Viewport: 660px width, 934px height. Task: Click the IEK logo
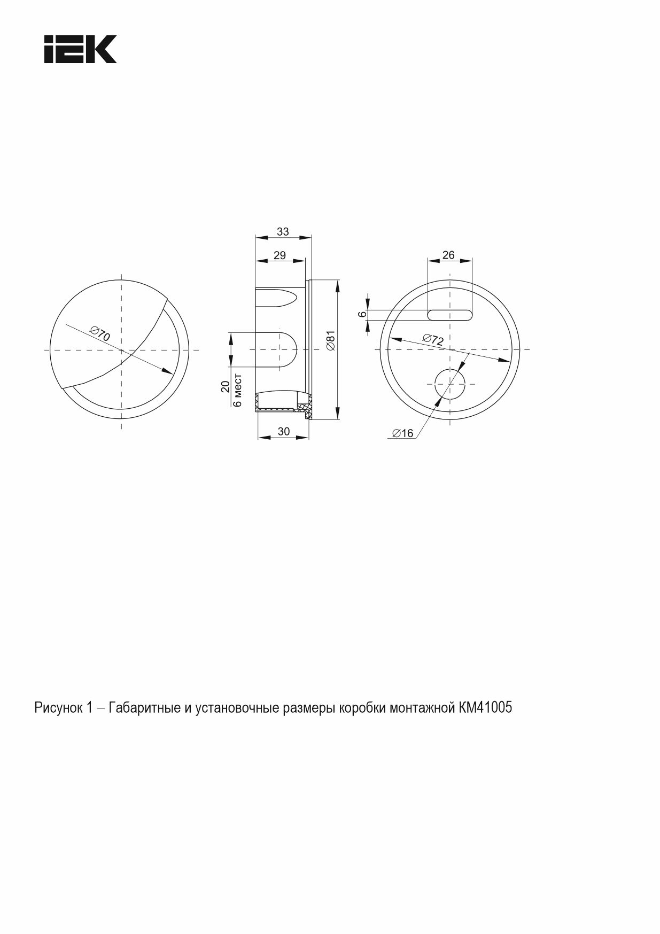click(80, 49)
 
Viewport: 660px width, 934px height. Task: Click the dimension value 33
click(283, 231)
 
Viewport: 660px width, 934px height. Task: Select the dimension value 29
click(279, 255)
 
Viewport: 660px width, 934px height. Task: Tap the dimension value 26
click(449, 255)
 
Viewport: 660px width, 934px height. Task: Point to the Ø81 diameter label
click(330, 340)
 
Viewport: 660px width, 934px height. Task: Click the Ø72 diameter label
click(433, 339)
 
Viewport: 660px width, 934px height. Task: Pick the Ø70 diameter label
click(100, 334)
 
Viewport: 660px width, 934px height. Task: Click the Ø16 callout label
click(403, 433)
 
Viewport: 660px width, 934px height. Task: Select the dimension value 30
click(284, 431)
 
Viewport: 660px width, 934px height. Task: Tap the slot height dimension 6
click(362, 314)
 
